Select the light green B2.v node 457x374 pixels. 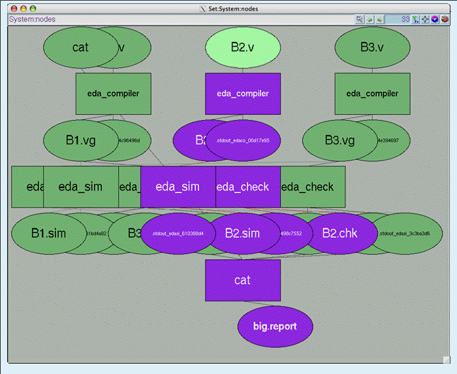click(x=243, y=48)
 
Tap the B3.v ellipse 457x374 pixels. click(x=372, y=48)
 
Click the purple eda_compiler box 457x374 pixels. click(x=243, y=93)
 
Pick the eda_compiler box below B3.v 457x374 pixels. click(x=372, y=93)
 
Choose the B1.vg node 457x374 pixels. click(x=76, y=140)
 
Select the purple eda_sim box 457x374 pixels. click(x=178, y=187)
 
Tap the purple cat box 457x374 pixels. click(x=243, y=280)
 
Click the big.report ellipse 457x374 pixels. click(x=275, y=326)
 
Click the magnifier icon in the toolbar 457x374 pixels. click(x=360, y=20)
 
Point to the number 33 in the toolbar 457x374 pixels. click(x=405, y=20)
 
